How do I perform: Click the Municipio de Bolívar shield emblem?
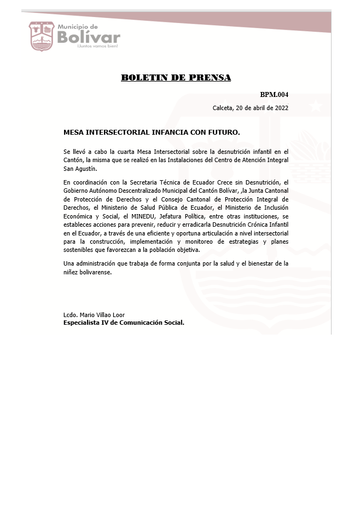click(42, 36)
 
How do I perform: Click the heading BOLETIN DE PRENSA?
click(176, 77)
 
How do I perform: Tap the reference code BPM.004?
click(274, 95)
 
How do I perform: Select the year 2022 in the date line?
click(281, 108)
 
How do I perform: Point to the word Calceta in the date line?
click(223, 108)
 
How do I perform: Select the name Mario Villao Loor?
click(102, 315)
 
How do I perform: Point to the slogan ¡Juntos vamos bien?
click(97, 47)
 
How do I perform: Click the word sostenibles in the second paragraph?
click(79, 250)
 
